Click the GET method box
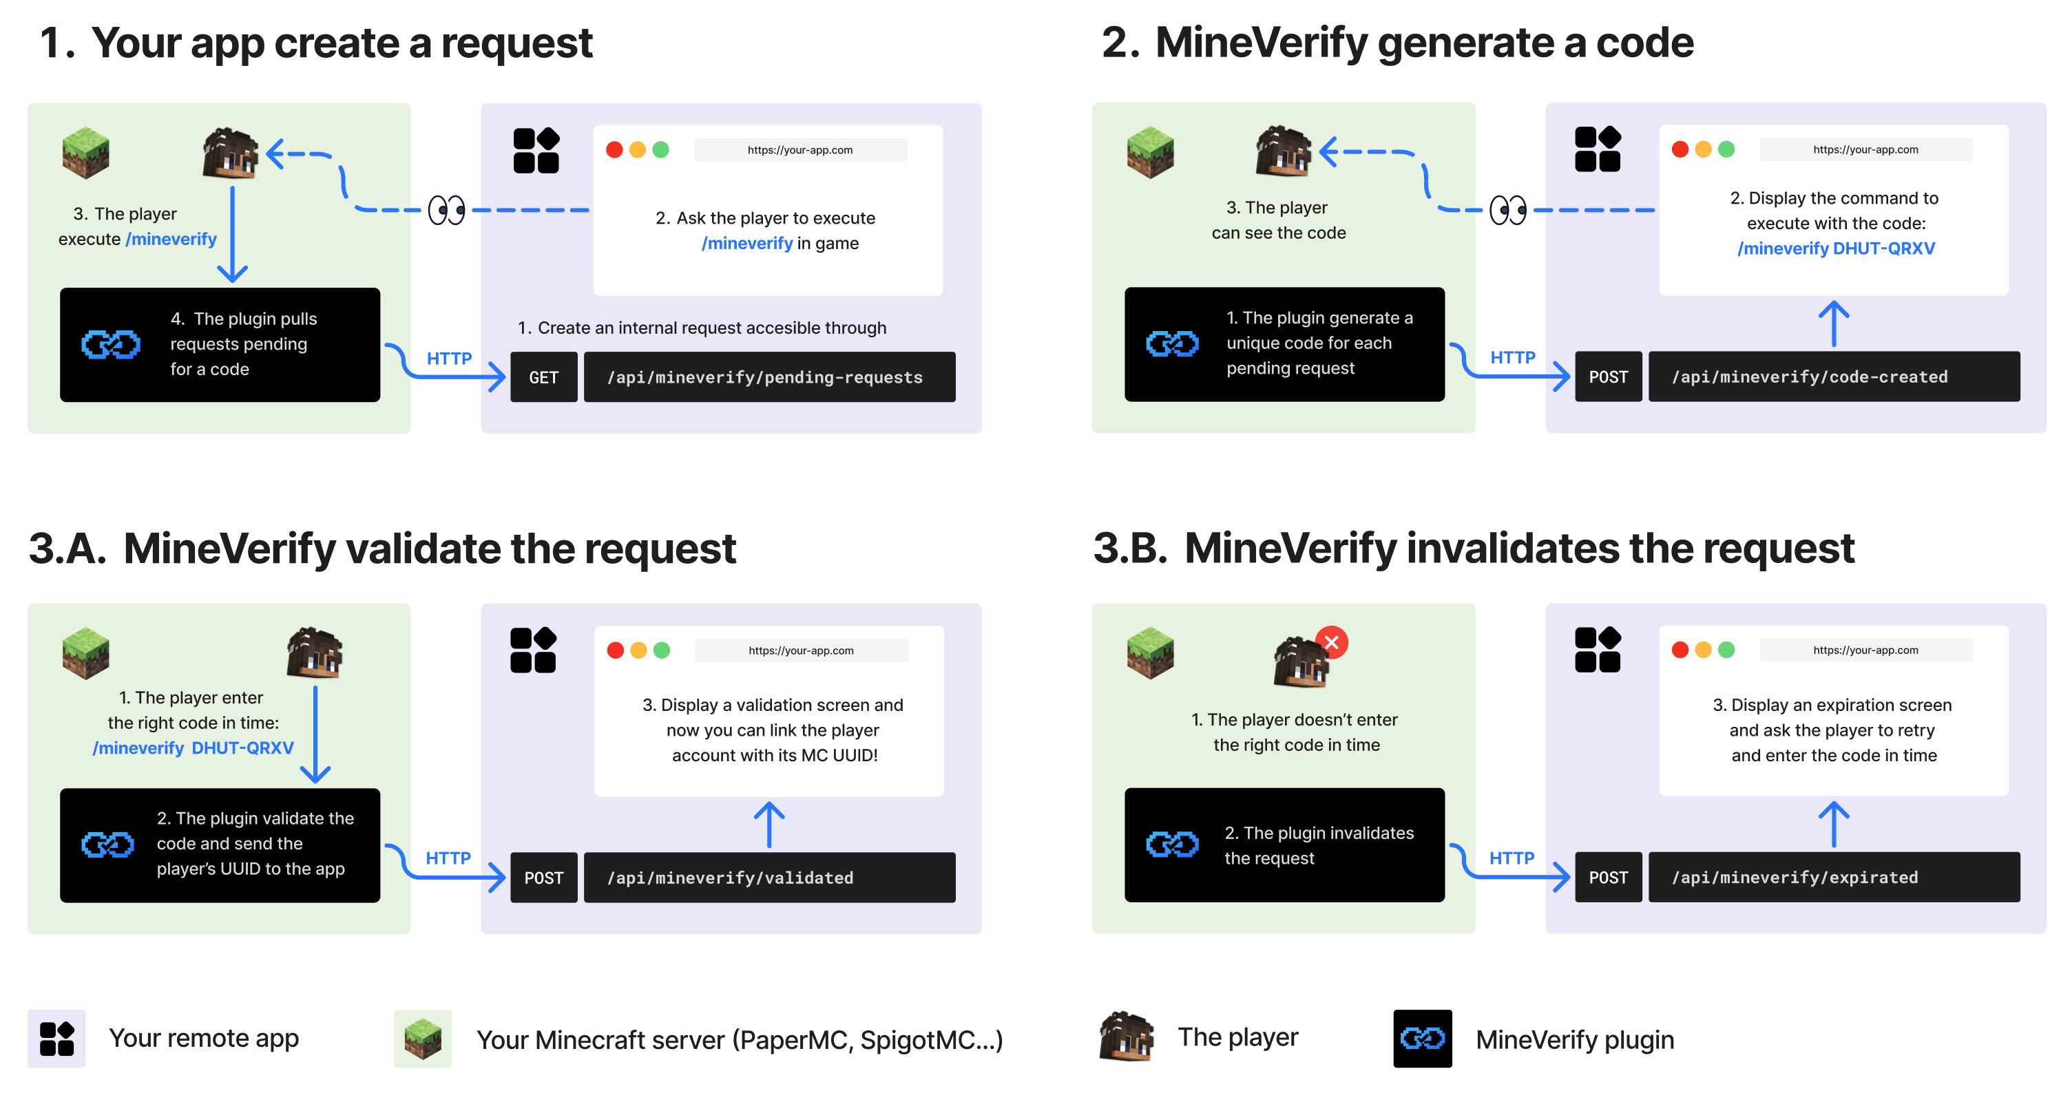point(543,376)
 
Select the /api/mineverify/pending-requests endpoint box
point(769,376)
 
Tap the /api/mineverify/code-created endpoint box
point(1834,376)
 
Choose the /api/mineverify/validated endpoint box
point(769,877)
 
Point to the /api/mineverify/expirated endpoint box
point(1834,877)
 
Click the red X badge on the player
point(1332,642)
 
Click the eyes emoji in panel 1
point(447,211)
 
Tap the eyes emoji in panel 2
point(1508,211)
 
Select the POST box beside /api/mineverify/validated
point(543,877)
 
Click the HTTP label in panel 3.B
point(1512,858)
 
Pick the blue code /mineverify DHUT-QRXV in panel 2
point(1835,248)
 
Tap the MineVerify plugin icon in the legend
point(1422,1039)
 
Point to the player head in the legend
point(1127,1036)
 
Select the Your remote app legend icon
point(56,1039)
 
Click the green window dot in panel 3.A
point(661,650)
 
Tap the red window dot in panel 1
point(614,149)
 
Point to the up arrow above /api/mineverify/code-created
point(1834,323)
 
